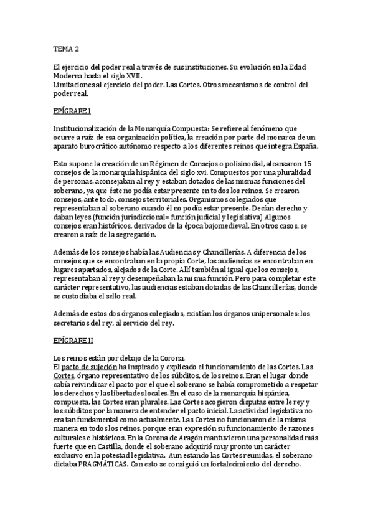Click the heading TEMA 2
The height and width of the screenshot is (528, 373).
[66, 48]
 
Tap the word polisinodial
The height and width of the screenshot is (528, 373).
[231, 163]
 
